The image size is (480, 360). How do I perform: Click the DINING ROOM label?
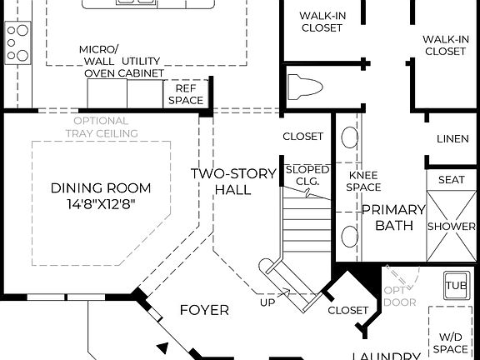(92, 187)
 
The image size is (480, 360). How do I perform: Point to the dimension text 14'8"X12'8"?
(92, 202)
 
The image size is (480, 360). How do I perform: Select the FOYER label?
(204, 310)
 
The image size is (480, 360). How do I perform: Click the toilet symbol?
(303, 87)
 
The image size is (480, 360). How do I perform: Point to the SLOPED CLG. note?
(307, 176)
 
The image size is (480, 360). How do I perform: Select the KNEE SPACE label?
(364, 182)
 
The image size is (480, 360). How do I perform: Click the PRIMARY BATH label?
(382, 217)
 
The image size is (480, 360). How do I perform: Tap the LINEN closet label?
(452, 138)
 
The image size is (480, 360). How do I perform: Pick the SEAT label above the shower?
(451, 180)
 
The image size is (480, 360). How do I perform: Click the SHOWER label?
(451, 226)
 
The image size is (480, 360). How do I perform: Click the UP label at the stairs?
(267, 302)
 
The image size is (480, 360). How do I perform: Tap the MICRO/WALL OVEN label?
(100, 61)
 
